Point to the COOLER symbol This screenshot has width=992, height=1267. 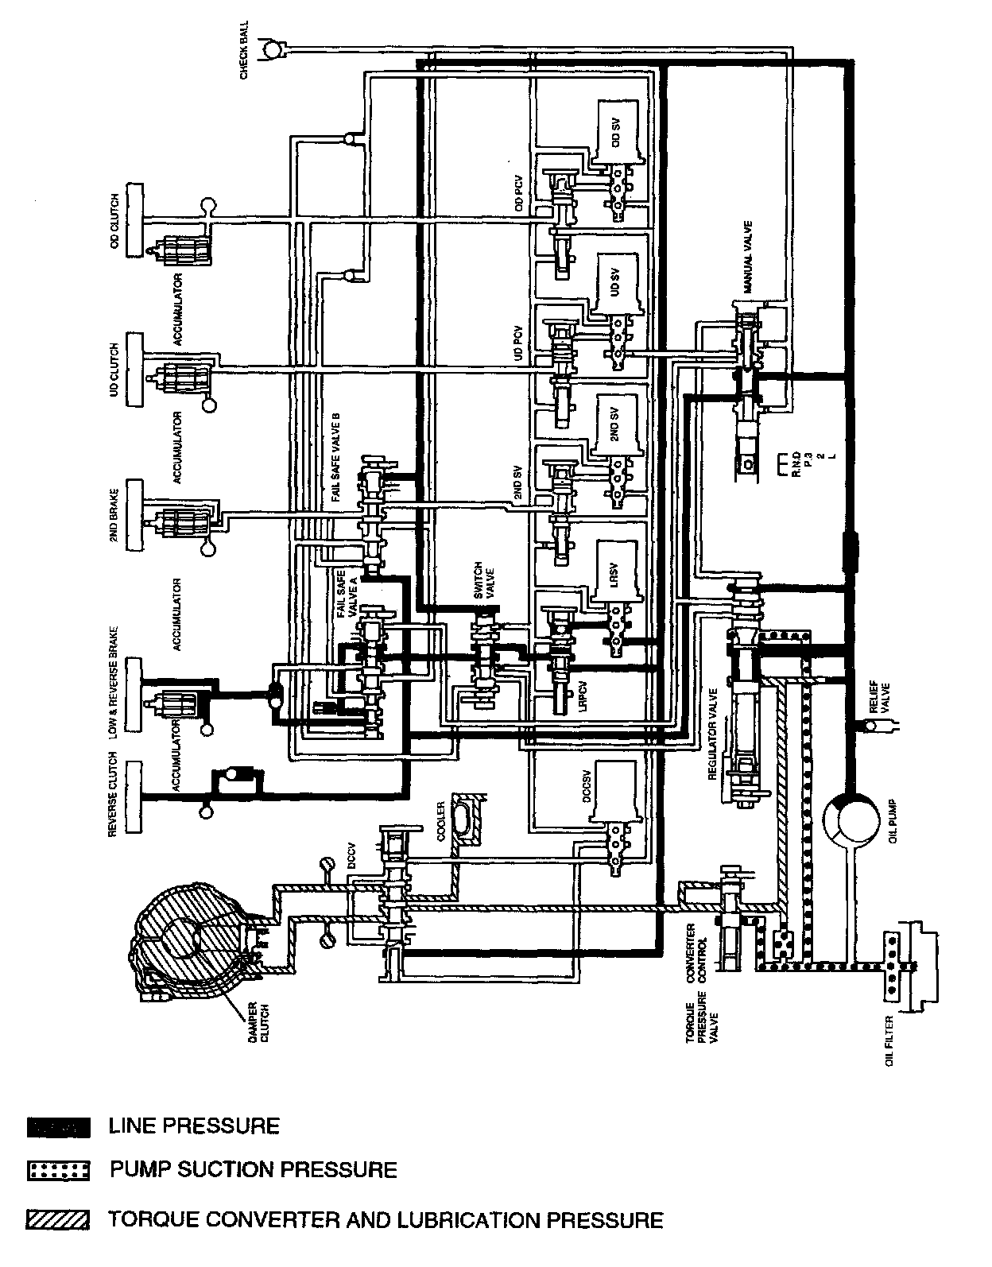tap(465, 827)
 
